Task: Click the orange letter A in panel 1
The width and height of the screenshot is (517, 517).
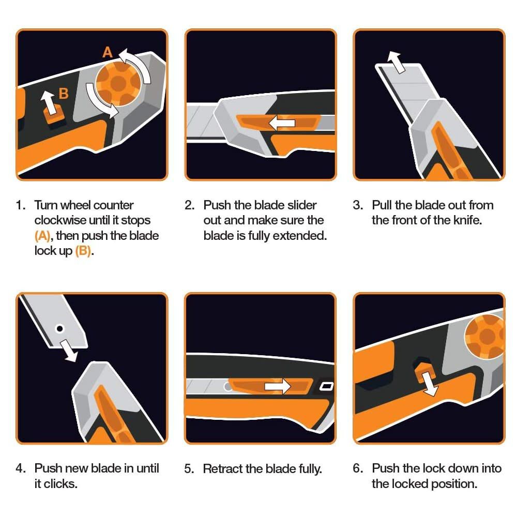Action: tap(108, 52)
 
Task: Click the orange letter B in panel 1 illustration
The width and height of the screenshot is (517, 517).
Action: tap(64, 94)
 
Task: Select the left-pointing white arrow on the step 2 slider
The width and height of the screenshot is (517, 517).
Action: tap(282, 123)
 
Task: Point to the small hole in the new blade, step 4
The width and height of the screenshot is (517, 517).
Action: tap(60, 328)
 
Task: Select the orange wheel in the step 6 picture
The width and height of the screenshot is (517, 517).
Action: tap(486, 336)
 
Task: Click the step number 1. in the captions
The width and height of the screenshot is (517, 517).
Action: tap(21, 205)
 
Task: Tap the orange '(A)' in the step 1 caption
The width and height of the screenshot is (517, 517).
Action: tap(43, 236)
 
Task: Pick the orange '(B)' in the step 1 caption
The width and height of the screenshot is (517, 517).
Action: tap(83, 252)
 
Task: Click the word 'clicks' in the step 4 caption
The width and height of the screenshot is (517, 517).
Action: tap(61, 484)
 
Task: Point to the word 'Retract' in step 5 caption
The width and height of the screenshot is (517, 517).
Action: tap(221, 469)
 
